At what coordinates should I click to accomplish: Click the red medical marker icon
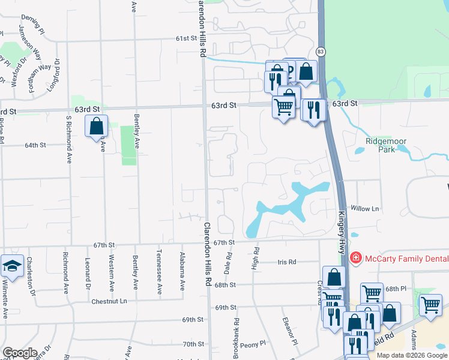[355, 257]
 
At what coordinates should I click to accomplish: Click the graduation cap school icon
[11, 266]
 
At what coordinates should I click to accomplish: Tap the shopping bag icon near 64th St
[96, 127]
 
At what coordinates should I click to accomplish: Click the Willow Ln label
[366, 209]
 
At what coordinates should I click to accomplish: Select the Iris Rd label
[288, 262]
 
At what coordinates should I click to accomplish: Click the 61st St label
[187, 38]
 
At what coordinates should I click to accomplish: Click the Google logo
[20, 353]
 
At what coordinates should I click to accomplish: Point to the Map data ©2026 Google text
[412, 355]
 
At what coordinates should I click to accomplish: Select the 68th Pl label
[396, 289]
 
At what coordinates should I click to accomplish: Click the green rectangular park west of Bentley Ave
[128, 145]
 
